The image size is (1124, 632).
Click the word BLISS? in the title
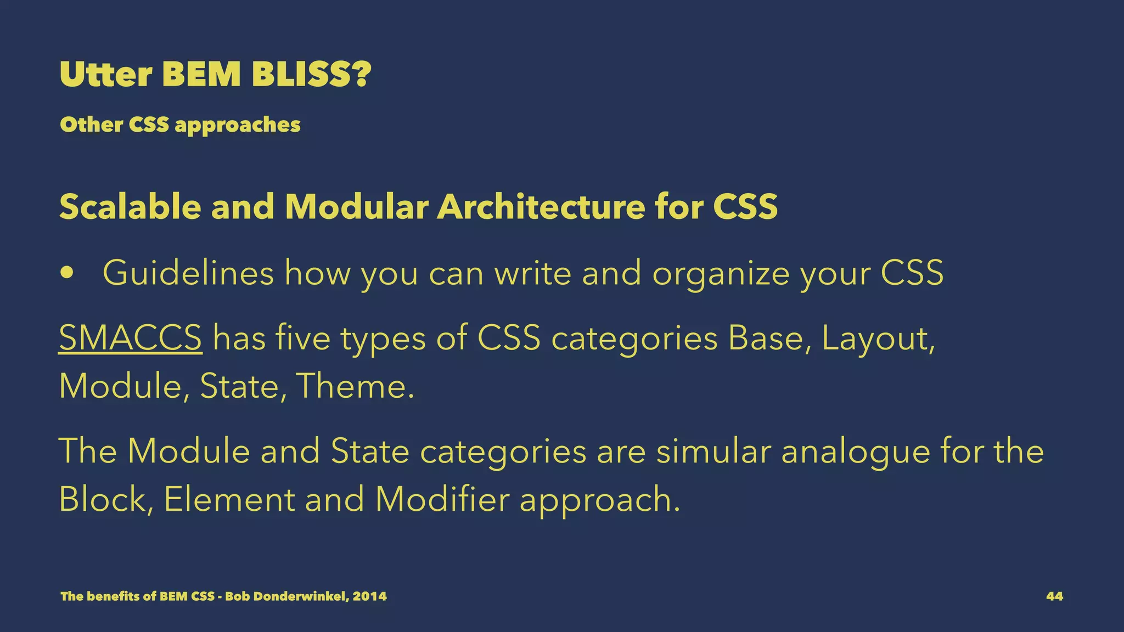tap(311, 75)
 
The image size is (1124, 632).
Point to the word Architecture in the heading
tap(540, 207)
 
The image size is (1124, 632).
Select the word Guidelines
tap(188, 273)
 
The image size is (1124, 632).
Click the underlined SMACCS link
tap(130, 337)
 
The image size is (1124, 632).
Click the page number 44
tap(1054, 596)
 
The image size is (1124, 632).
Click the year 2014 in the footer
tap(369, 596)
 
